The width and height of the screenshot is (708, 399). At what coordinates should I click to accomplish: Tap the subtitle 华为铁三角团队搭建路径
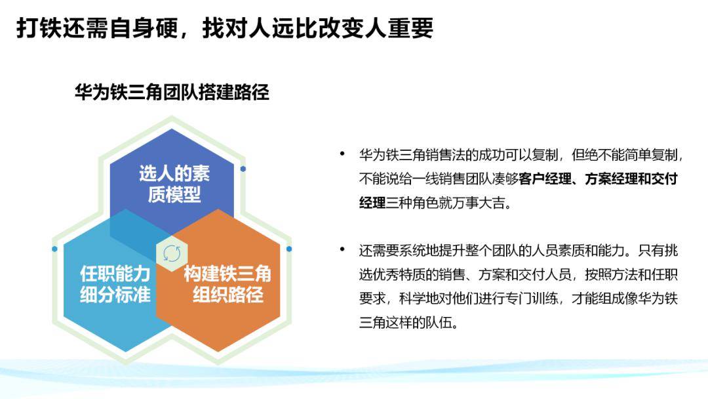[x=172, y=92]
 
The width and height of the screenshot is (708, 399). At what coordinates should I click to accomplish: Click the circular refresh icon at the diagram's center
[x=172, y=253]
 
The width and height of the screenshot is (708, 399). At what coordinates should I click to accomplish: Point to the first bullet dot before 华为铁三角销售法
[x=342, y=154]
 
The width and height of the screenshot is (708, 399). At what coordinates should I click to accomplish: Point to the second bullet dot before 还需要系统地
[x=342, y=250]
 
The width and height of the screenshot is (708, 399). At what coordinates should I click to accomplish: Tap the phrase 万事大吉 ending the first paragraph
[x=486, y=202]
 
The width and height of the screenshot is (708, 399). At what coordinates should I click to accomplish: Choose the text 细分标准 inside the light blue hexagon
[x=115, y=294]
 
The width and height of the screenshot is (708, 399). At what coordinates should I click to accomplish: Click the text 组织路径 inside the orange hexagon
[x=227, y=294]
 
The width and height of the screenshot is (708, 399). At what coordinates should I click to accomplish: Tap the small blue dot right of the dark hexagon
[x=243, y=169]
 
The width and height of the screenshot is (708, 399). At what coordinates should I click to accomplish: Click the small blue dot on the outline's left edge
[x=54, y=249]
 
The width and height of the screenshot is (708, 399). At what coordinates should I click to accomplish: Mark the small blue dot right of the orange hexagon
[x=289, y=249]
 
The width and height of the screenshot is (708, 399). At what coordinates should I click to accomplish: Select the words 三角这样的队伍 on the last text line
[x=406, y=322]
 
